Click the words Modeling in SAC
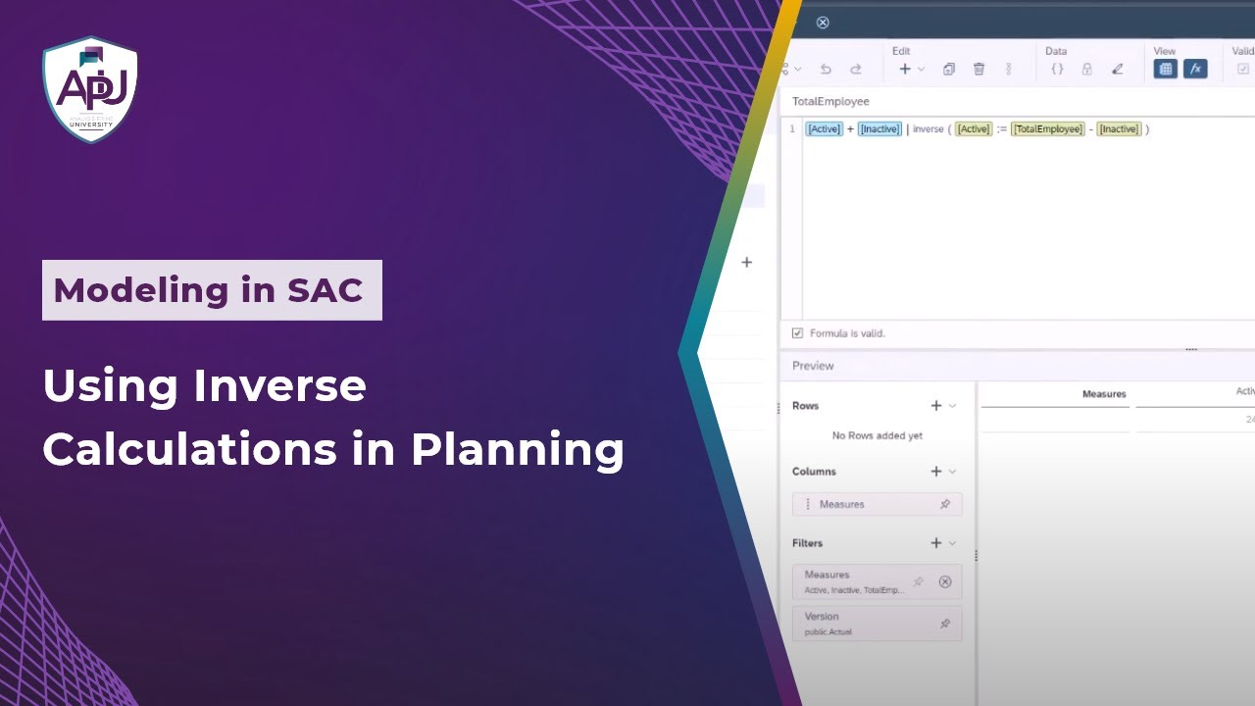point(209,290)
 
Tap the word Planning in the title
point(517,449)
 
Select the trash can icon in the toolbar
point(979,70)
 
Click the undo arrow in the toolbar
point(826,70)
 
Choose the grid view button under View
point(1165,70)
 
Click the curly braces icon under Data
point(1057,70)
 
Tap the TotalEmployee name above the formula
point(830,102)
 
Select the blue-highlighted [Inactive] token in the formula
point(879,129)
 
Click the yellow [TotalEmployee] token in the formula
point(1048,129)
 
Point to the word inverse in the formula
point(928,129)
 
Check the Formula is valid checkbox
point(797,333)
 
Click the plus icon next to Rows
point(936,406)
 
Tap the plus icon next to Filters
point(936,543)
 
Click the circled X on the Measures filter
point(945,581)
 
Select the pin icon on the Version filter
point(945,624)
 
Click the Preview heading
point(813,366)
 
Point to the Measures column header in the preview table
point(1104,394)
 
